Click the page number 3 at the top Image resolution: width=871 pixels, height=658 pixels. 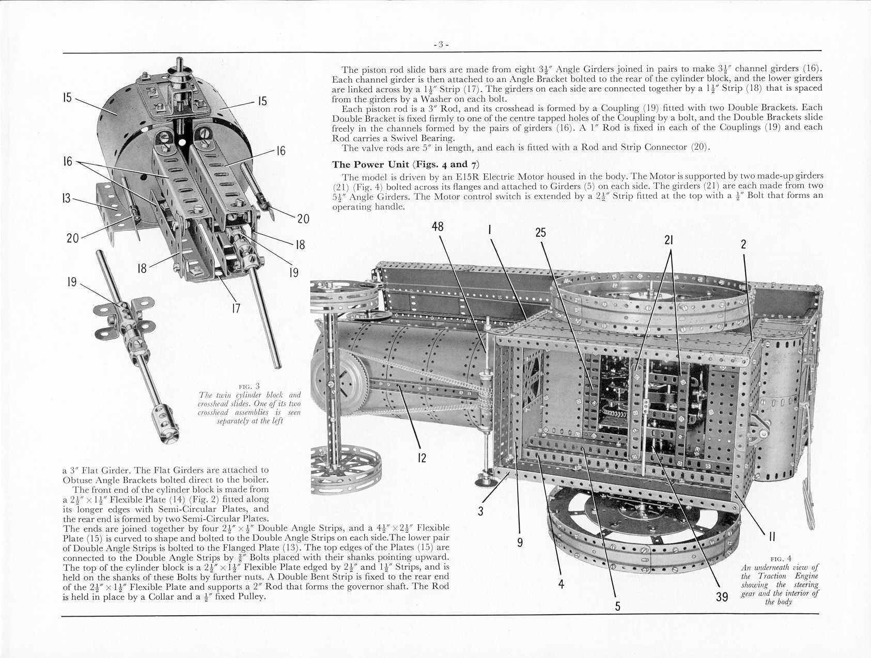tap(441, 44)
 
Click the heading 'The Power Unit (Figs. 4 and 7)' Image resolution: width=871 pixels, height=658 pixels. tap(406, 165)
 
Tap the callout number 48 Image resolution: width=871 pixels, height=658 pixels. tap(438, 227)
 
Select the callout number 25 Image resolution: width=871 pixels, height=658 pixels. tap(540, 233)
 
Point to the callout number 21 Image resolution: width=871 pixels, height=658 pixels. tap(669, 240)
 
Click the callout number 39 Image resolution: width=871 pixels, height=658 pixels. tap(722, 597)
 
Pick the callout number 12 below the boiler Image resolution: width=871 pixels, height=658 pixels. tap(422, 457)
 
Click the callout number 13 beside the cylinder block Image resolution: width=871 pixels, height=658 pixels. tap(66, 198)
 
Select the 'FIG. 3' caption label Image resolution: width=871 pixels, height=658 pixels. tap(249, 386)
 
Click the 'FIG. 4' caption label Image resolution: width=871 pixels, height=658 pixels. tap(780, 559)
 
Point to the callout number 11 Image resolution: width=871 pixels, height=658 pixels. tap(772, 537)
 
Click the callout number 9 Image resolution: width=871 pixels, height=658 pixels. tap(520, 542)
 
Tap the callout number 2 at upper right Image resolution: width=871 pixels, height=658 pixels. tap(743, 244)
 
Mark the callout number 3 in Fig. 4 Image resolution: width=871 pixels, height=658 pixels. tap(480, 511)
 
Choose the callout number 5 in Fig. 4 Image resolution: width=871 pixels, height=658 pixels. tap(617, 606)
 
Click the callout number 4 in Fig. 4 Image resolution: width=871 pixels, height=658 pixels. tap(561, 584)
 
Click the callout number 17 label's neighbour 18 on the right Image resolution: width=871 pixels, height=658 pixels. tap(300, 245)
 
